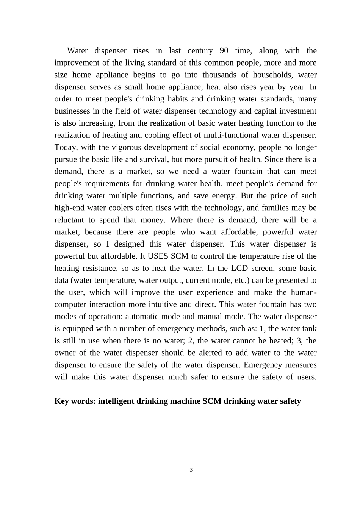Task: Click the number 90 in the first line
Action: click(x=224, y=51)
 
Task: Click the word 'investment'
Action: click(x=298, y=111)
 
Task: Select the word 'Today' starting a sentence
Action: click(x=65, y=148)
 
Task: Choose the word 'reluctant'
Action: click(x=69, y=220)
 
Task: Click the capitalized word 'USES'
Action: click(x=158, y=256)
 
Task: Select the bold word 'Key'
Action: click(x=62, y=401)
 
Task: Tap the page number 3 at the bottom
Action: click(x=191, y=470)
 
